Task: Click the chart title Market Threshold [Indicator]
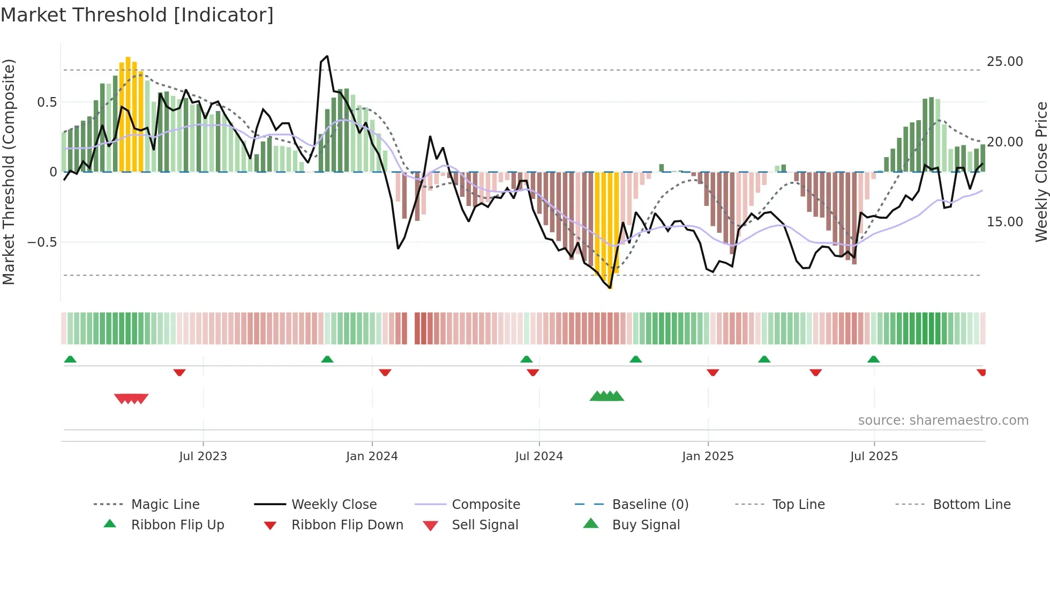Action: point(137,15)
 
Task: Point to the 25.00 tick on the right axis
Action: point(1004,62)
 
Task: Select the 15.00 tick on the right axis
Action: point(1004,222)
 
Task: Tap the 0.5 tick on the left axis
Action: point(47,102)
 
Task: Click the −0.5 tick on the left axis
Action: point(42,242)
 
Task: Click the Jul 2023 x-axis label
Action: point(203,456)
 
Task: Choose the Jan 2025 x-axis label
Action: point(708,456)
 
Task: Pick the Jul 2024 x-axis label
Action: point(539,456)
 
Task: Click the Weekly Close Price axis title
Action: point(1041,172)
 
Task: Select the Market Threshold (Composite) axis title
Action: point(9,172)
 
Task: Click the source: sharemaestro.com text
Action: point(943,420)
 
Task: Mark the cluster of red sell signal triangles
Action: point(131,398)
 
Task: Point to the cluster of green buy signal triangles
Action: point(606,396)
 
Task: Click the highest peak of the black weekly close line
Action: point(327,56)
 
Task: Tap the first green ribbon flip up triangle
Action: point(70,359)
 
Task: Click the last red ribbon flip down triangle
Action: point(981,372)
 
